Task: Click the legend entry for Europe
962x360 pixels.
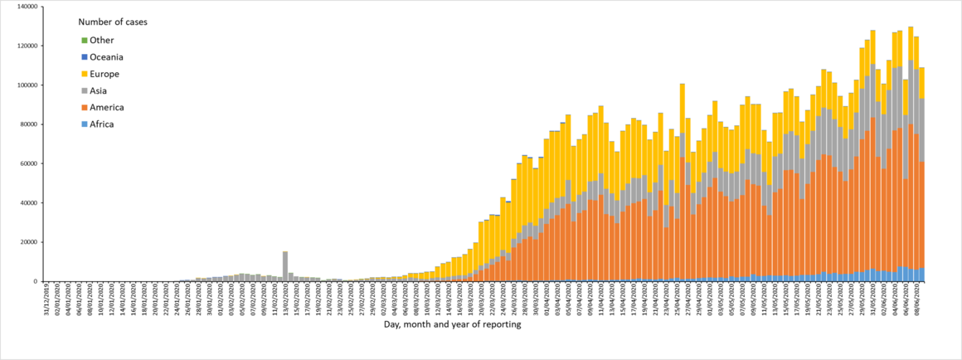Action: click(101, 74)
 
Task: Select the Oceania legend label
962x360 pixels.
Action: click(106, 57)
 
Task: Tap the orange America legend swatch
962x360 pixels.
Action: click(84, 108)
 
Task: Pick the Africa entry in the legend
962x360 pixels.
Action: click(101, 124)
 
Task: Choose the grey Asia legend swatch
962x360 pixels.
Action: click(84, 91)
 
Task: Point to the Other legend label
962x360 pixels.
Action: click(101, 40)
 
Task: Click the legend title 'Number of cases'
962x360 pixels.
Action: click(113, 22)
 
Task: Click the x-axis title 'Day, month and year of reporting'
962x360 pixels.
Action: click(452, 325)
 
